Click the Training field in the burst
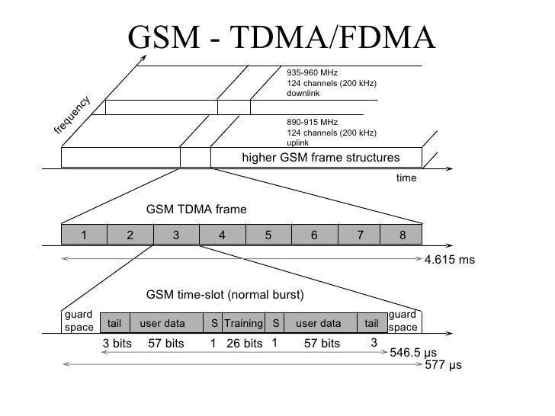pos(242,323)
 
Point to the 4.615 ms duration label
pos(449,260)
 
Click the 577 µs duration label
pos(443,366)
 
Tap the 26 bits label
pos(245,344)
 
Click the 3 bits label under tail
pos(117,344)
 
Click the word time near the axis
pos(406,178)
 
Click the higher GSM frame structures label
pos(320,158)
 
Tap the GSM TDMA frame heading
pos(196,209)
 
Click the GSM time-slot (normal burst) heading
pos(224,295)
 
